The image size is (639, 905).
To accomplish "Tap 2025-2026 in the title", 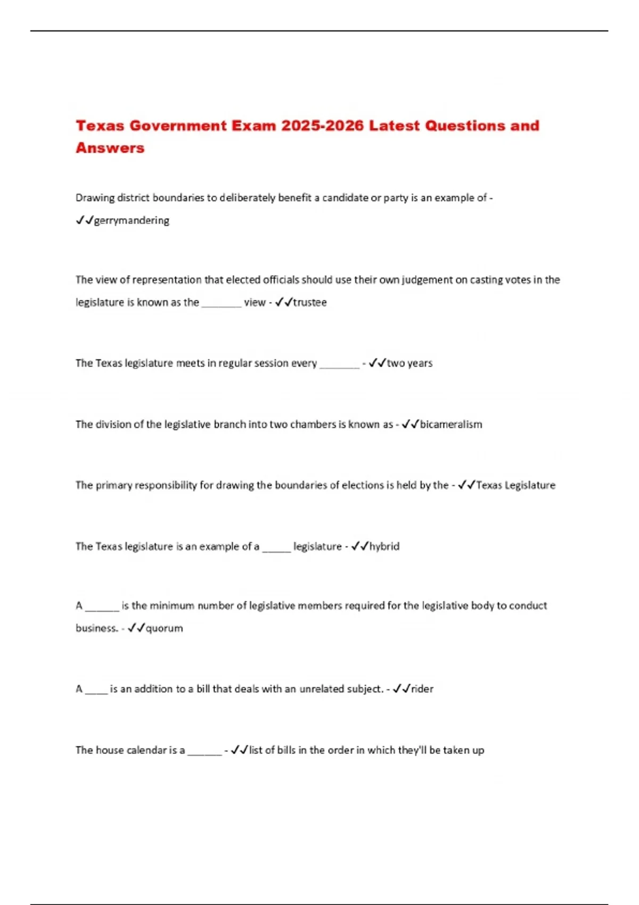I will click(323, 126).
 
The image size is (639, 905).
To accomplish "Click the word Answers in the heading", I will click(110, 148).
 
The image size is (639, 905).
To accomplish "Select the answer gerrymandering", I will click(132, 220).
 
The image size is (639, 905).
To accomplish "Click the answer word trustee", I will click(310, 302).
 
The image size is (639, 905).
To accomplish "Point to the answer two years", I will click(409, 363).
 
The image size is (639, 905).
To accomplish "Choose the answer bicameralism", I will click(451, 424).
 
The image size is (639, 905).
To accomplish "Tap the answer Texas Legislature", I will click(515, 485).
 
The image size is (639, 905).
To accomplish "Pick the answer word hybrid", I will click(384, 546).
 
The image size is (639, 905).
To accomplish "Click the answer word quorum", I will click(165, 628).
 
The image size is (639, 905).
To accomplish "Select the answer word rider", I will click(422, 689).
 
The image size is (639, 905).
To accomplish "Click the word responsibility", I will click(166, 485).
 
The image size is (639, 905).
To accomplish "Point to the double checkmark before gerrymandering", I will click(85, 220).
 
